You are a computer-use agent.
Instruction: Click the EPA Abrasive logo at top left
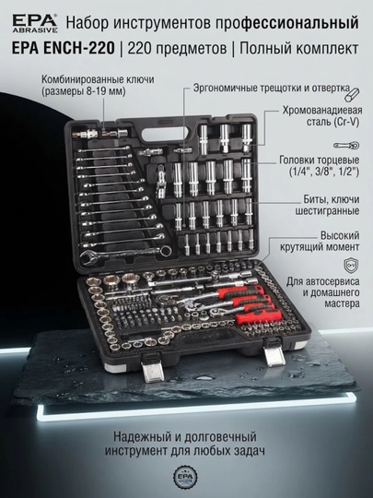[x=35, y=23]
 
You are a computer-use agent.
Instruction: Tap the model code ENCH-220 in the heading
[x=78, y=48]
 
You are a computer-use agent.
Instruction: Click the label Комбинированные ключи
[x=98, y=79]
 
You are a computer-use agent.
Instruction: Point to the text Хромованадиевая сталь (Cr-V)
[x=322, y=116]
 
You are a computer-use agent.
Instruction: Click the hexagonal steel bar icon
[x=352, y=94]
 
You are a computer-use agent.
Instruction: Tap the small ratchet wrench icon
[x=346, y=146]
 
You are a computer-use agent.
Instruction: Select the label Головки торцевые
[x=320, y=160]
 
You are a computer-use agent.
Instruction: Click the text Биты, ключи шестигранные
[x=328, y=205]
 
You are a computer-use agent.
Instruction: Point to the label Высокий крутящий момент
[x=320, y=241]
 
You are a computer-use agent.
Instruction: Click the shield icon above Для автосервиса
[x=351, y=266]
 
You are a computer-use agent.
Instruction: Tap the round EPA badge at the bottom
[x=185, y=478]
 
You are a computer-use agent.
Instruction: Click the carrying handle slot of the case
[x=163, y=135]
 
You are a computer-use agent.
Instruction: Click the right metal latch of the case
[x=274, y=352]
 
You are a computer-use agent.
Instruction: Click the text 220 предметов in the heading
[x=178, y=48]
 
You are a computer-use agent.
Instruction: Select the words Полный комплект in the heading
[x=299, y=48]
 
